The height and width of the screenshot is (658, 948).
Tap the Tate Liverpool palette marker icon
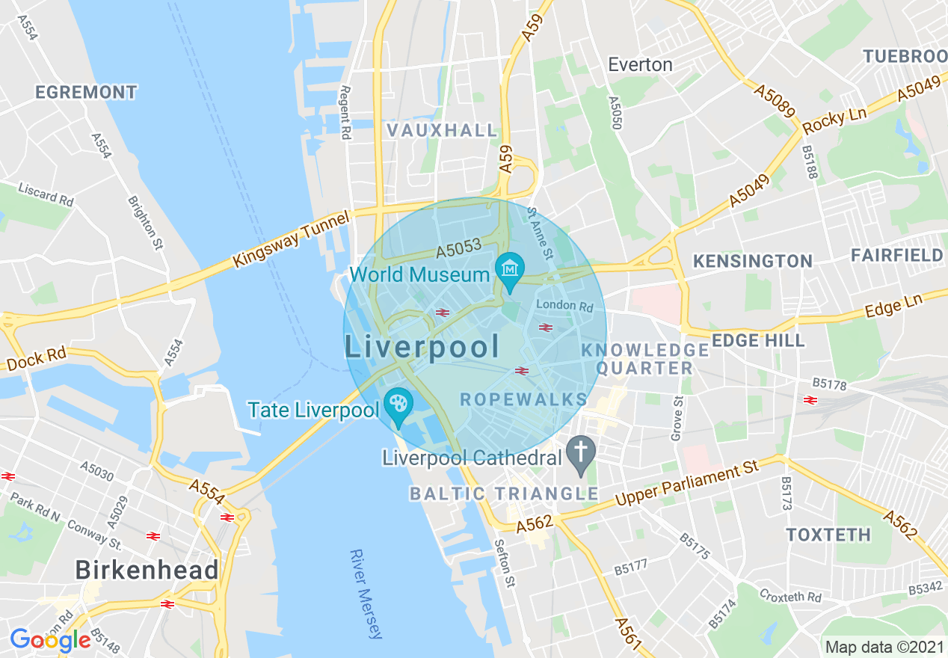pos(397,405)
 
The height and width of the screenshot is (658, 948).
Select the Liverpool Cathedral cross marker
pos(580,452)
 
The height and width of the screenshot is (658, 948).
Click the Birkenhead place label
pos(147,570)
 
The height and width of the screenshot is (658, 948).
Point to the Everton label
pos(640,64)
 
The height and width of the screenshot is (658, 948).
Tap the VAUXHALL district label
pos(442,130)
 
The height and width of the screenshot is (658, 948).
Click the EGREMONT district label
pos(87,93)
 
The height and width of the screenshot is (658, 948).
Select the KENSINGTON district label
pos(752,261)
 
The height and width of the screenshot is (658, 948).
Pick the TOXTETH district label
pos(828,535)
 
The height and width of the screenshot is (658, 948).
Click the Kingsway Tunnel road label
pos(292,239)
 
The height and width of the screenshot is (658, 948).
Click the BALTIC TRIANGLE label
pos(504,493)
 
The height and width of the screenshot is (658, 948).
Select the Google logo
pos(50,640)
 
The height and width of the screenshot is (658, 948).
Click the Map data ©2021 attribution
pos(884,647)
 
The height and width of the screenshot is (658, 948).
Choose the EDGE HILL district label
pos(758,340)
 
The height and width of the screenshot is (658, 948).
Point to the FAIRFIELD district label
pos(896,256)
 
